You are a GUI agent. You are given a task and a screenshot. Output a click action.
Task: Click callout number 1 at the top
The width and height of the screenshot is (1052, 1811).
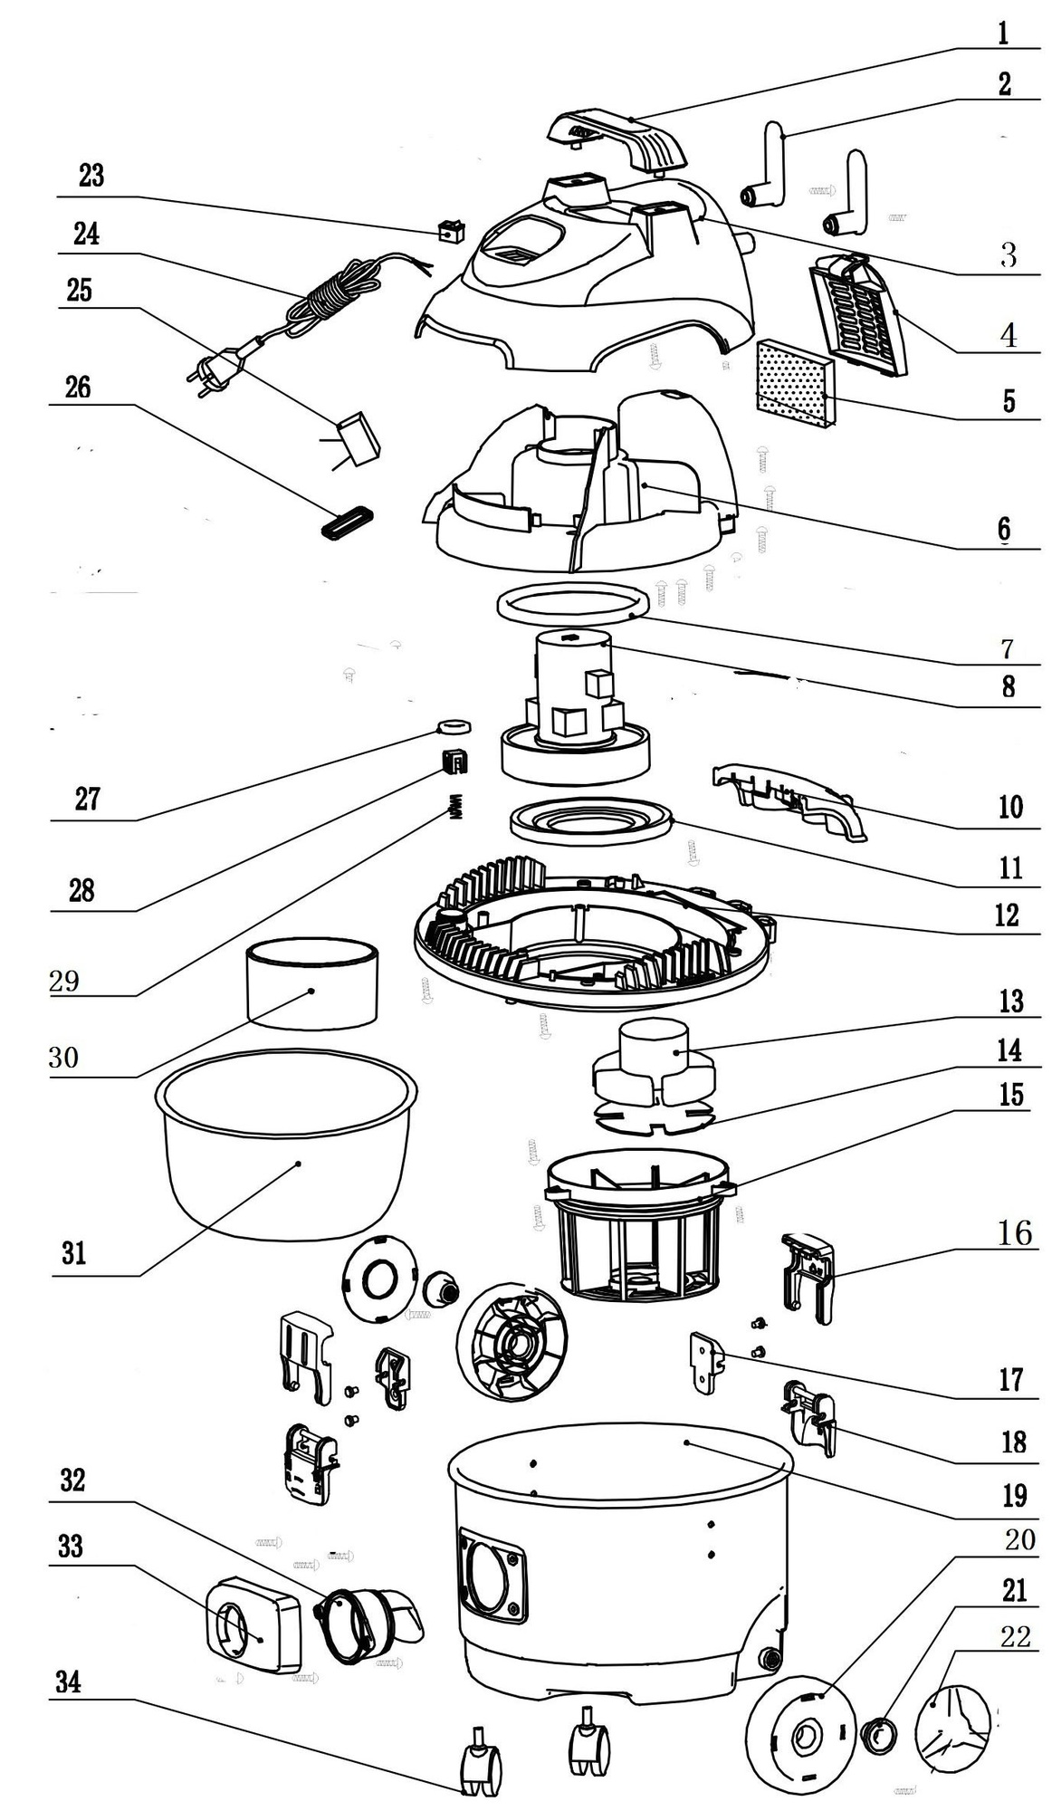coord(1002,34)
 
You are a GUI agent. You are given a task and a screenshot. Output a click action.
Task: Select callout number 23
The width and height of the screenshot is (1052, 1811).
coord(91,175)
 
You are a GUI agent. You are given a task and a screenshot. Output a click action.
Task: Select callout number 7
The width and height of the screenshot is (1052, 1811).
coord(1007,648)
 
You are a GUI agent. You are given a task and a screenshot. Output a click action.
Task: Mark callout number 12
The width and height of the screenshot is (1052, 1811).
coord(1007,915)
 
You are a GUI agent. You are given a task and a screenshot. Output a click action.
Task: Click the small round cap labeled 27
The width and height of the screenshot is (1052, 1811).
coord(453,725)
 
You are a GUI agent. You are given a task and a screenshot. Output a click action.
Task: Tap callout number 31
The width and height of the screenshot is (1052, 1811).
coord(74,1253)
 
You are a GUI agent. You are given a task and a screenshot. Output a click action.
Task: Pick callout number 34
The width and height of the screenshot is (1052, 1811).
coord(69,1682)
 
